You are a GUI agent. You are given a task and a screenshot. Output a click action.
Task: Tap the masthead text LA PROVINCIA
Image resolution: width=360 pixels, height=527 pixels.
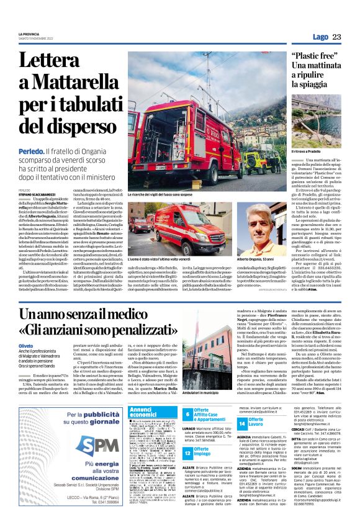tap(29, 34)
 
